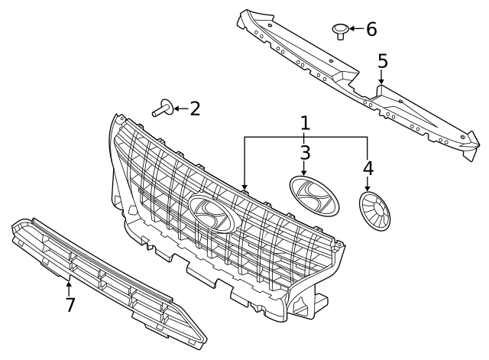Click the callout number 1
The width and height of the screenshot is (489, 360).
click(305, 123)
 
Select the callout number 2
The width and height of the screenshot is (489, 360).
click(195, 109)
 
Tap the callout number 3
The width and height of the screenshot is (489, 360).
click(305, 151)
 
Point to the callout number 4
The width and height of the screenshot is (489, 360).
click(369, 167)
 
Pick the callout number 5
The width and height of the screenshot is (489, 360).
click(382, 60)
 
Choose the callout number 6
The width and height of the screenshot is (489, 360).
click(371, 29)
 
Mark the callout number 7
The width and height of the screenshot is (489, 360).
click(70, 305)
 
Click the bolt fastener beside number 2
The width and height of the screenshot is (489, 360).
click(161, 109)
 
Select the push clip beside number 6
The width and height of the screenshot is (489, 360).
click(339, 31)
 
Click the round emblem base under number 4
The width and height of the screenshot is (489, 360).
click(374, 209)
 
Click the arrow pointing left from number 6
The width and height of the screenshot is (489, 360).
click(356, 30)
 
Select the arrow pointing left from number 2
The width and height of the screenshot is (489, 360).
click(180, 109)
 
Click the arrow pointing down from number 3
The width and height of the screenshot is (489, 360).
click(305, 168)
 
